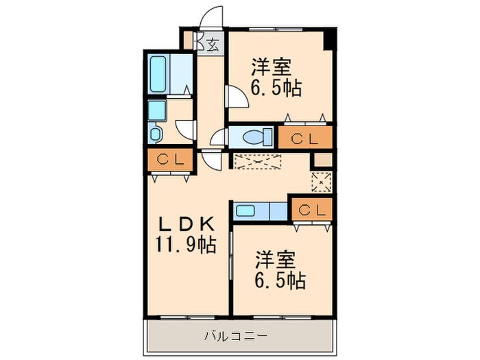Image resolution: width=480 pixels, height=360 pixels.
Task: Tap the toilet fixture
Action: tap(257, 136)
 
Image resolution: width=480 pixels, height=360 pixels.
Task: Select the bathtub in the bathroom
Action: tap(158, 74)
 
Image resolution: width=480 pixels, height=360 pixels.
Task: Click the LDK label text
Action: tap(186, 225)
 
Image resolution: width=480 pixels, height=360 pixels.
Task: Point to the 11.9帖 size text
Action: tap(186, 245)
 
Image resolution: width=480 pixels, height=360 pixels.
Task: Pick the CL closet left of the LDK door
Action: tap(170, 160)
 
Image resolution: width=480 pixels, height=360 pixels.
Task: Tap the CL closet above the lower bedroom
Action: tap(312, 210)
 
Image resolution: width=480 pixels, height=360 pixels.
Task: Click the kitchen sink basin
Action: tap(245, 211)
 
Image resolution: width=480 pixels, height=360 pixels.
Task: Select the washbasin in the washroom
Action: tap(156, 134)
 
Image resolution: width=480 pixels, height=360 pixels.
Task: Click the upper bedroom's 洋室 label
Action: tap(272, 67)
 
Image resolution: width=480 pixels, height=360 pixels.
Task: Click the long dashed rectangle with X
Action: tap(257, 162)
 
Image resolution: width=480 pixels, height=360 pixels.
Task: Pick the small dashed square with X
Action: tap(322, 182)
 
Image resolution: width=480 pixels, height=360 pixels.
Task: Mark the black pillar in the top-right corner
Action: tap(330, 38)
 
